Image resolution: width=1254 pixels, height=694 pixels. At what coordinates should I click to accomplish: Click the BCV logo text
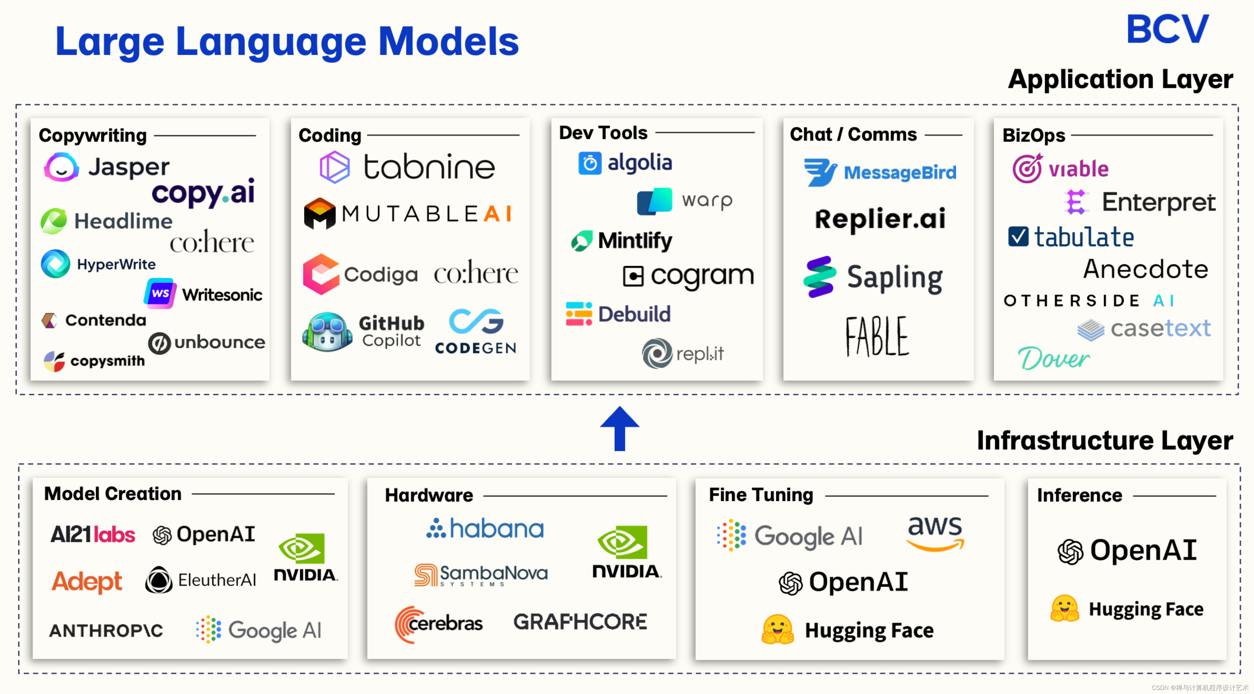pos(1167,29)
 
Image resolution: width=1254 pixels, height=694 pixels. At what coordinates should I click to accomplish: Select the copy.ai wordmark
pos(203,193)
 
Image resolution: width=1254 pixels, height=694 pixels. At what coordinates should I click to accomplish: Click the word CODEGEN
pos(475,348)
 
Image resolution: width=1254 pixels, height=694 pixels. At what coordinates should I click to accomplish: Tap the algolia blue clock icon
pos(589,163)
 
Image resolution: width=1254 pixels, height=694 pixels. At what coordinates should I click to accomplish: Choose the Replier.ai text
pos(880,219)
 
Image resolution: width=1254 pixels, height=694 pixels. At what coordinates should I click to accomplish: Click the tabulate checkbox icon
pos(1018,237)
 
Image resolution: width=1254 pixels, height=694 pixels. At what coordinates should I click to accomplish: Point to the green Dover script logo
pos(1053,359)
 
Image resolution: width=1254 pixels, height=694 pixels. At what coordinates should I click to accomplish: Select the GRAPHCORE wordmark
pos(580,622)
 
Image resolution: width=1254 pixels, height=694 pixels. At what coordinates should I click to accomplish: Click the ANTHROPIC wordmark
pos(106,631)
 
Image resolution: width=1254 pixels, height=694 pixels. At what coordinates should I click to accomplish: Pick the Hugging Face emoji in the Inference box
pos(1065,608)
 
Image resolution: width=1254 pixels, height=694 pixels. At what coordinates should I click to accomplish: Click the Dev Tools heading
pos(603,133)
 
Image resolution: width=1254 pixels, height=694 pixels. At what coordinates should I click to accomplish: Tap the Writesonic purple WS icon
pos(160,293)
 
